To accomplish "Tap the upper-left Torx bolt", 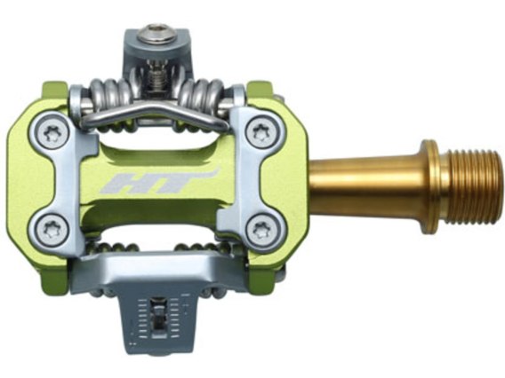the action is [51, 132].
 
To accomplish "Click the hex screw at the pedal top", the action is [156, 35].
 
